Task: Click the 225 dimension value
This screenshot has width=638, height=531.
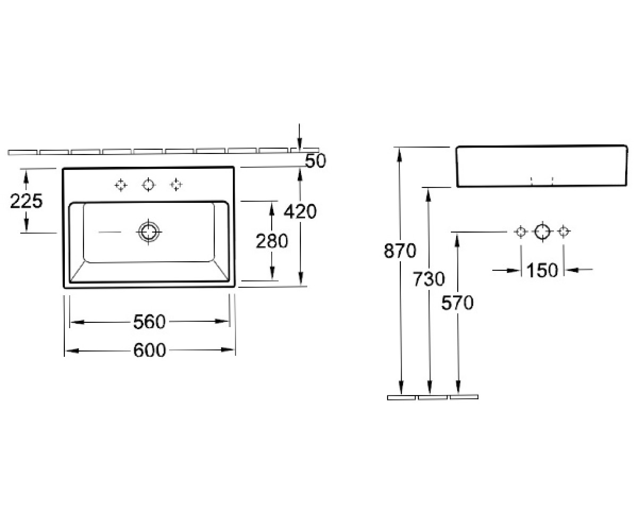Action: click(x=26, y=201)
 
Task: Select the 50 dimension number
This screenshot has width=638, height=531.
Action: click(x=315, y=161)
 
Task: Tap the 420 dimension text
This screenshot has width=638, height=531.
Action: click(x=300, y=211)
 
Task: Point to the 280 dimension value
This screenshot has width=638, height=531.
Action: click(x=272, y=241)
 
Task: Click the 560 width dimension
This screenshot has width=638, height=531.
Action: click(x=149, y=322)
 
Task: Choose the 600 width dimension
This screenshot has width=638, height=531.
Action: click(x=149, y=350)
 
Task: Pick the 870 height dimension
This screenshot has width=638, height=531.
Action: click(x=400, y=251)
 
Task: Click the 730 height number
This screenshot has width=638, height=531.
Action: click(x=429, y=279)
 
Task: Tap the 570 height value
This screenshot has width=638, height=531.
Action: click(x=457, y=303)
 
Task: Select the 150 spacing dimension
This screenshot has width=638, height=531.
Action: click(x=542, y=270)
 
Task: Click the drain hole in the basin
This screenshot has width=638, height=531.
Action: click(x=148, y=232)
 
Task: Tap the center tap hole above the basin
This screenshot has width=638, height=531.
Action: click(x=148, y=185)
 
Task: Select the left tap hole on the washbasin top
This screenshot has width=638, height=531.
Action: click(x=121, y=185)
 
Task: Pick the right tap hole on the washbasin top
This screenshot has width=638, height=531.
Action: click(x=176, y=185)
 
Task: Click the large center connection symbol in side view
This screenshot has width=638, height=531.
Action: click(x=542, y=232)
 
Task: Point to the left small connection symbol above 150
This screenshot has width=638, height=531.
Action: click(x=521, y=232)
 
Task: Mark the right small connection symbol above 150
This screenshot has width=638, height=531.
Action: click(x=564, y=232)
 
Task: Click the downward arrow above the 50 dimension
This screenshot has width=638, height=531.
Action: click(x=299, y=137)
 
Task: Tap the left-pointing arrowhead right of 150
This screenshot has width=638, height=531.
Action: click(x=572, y=270)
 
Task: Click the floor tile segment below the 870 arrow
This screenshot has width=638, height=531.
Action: click(x=401, y=398)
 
